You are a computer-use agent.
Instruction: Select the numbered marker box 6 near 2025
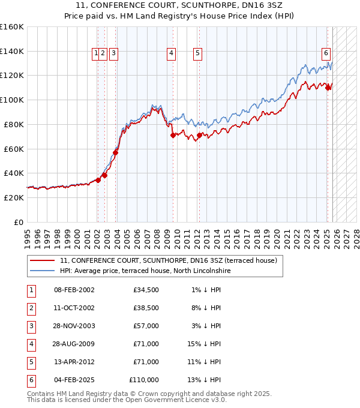coord(326,52)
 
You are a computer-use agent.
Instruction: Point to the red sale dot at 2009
coord(173,136)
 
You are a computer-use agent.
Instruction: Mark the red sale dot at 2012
coord(199,136)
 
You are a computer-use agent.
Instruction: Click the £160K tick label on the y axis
coord(12,27)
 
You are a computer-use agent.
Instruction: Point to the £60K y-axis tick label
coord(13,149)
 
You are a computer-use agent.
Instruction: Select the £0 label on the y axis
coord(19,222)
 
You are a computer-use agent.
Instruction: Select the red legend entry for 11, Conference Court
coord(168,260)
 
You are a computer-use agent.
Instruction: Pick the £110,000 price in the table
coord(144,380)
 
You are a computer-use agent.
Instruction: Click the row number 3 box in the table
coord(31,326)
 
